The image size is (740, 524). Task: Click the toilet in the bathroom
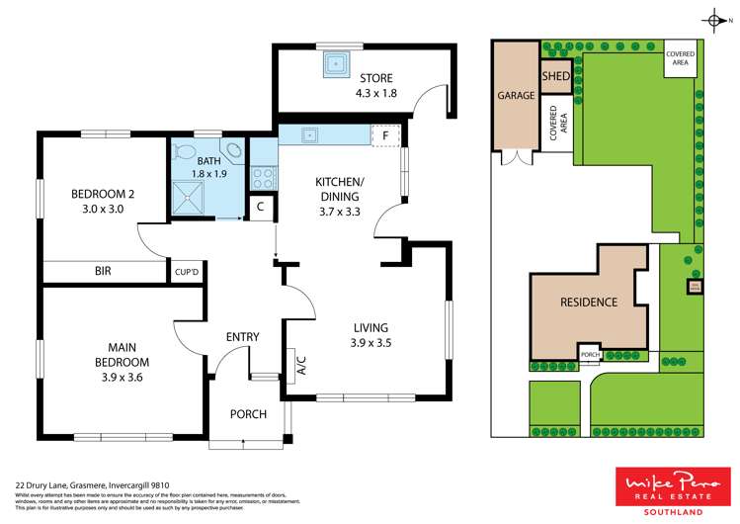coord(183,152)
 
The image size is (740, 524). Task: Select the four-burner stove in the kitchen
coord(264,179)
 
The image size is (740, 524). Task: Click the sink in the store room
coord(337,64)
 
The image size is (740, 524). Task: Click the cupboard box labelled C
coord(260,208)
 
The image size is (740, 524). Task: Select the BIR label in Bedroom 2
coord(103,270)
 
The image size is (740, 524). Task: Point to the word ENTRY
coord(242,337)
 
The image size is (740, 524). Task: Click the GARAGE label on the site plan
coord(516,96)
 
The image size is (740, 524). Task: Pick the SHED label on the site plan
coord(555,76)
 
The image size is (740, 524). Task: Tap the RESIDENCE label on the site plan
coord(589,303)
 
